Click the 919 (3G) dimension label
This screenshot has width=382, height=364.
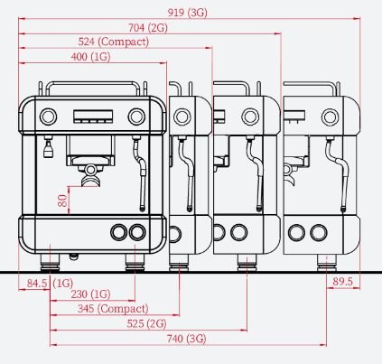[188, 13]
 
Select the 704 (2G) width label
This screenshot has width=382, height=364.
[148, 28]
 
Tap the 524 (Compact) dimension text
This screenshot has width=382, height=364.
[114, 42]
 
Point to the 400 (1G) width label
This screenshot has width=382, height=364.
[90, 57]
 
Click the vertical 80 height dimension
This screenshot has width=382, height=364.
[62, 201]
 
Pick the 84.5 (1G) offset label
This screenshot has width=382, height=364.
[50, 284]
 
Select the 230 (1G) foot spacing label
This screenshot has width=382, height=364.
[90, 294]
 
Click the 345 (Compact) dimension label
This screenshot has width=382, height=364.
[113, 309]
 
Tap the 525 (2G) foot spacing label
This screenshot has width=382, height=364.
[146, 323]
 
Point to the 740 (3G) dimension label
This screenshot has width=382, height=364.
[186, 339]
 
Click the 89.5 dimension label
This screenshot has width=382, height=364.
[342, 282]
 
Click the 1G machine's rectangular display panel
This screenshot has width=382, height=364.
[93, 117]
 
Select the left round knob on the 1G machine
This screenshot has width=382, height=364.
[48, 117]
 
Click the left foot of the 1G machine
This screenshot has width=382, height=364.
[50, 263]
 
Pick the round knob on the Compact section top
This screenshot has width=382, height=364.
[182, 117]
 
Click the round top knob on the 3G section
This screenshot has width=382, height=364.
[330, 117]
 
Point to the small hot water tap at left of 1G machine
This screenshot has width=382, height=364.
[48, 147]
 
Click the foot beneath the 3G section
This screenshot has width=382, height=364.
[327, 263]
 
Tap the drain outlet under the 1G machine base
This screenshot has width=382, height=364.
[74, 257]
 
